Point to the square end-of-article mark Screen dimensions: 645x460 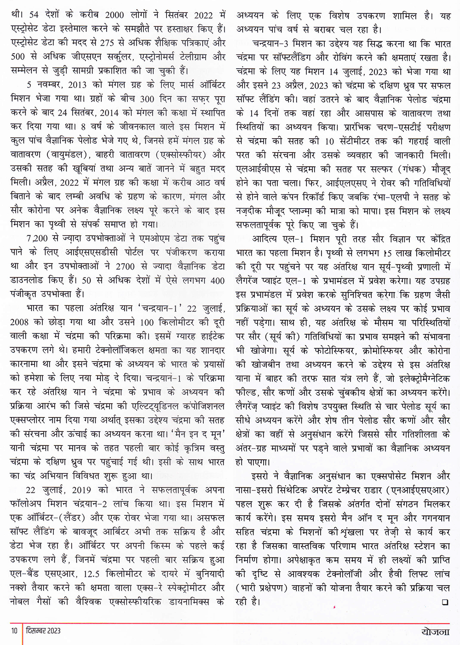click(x=445, y=601)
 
